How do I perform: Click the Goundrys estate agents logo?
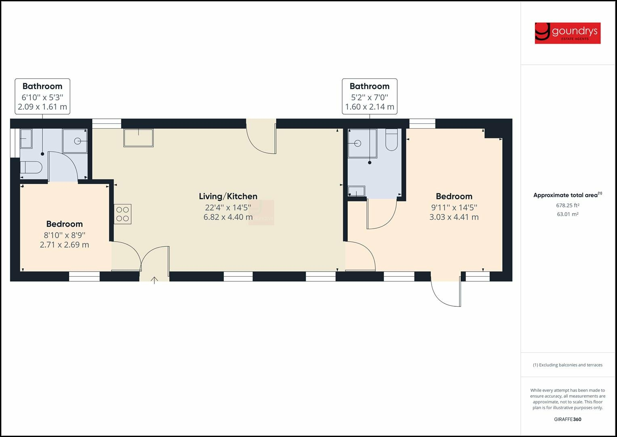(567, 33)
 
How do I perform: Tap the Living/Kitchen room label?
(228, 196)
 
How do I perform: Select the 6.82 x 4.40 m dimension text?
(228, 217)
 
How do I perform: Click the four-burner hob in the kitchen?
(122, 214)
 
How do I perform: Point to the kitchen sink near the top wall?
(139, 138)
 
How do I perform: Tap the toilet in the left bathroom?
(31, 168)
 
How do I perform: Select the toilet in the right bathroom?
(392, 140)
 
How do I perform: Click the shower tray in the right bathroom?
(362, 143)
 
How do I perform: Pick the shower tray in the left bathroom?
(74, 141)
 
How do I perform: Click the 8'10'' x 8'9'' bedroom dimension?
(65, 235)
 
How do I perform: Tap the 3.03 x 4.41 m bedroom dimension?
(454, 217)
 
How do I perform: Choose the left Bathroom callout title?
(42, 86)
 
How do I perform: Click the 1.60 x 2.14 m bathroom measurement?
(369, 107)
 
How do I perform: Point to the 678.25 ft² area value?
(567, 205)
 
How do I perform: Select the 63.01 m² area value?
(567, 214)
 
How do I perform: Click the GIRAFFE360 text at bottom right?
(567, 419)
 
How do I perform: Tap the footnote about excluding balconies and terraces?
(567, 365)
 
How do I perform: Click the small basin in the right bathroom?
(356, 191)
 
